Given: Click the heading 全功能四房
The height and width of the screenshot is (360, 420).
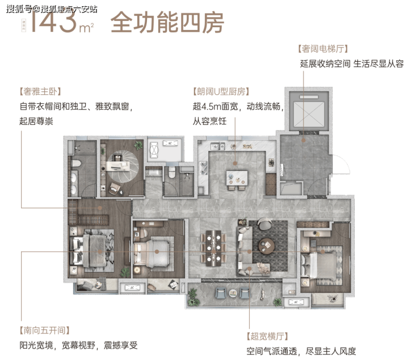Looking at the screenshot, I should click(167, 23).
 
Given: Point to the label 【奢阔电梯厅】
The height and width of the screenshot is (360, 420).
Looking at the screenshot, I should click(322, 49).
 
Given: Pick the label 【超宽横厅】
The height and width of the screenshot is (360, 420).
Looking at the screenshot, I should click(270, 336).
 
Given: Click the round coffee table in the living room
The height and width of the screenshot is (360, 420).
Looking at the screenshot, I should click(266, 246).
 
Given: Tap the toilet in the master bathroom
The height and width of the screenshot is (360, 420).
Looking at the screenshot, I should click(76, 168).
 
